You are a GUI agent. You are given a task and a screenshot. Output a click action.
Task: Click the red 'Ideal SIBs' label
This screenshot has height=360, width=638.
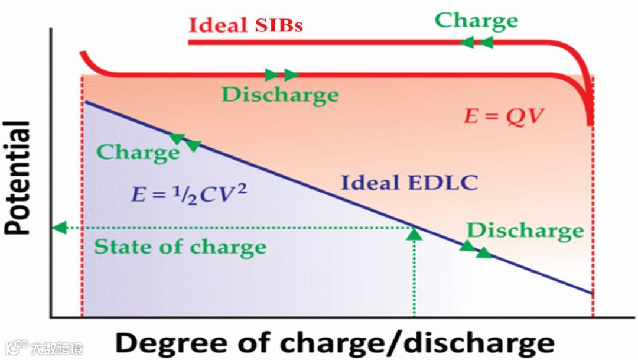click(x=246, y=25)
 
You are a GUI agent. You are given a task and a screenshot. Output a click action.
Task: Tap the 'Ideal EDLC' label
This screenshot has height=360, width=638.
click(x=409, y=183)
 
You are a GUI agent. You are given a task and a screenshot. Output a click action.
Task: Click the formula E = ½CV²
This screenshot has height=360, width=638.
click(x=188, y=193)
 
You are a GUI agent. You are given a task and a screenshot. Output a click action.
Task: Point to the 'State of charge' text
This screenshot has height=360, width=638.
click(x=180, y=246)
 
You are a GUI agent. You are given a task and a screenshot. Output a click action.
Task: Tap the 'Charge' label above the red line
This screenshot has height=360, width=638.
click(x=476, y=20)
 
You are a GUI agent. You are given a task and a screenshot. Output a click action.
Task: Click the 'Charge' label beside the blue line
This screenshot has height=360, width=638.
click(x=138, y=152)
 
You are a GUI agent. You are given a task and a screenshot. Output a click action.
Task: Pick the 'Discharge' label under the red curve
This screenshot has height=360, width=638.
click(x=280, y=95)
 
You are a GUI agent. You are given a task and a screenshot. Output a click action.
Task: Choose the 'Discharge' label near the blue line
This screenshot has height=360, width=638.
click(x=525, y=231)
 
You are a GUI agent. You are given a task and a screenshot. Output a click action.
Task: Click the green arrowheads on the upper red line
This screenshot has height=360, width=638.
click(x=476, y=42)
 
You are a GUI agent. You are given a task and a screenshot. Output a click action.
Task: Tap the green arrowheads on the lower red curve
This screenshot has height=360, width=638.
click(x=281, y=74)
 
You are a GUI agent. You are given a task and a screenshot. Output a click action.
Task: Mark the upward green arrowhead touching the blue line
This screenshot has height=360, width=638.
click(x=415, y=233)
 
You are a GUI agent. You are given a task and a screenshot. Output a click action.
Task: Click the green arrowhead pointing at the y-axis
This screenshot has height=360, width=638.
click(x=58, y=228)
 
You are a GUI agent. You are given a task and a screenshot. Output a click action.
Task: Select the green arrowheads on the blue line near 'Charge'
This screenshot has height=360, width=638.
click(x=185, y=142)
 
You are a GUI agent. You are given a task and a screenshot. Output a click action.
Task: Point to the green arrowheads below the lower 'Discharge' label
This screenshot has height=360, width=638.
click(x=476, y=249)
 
